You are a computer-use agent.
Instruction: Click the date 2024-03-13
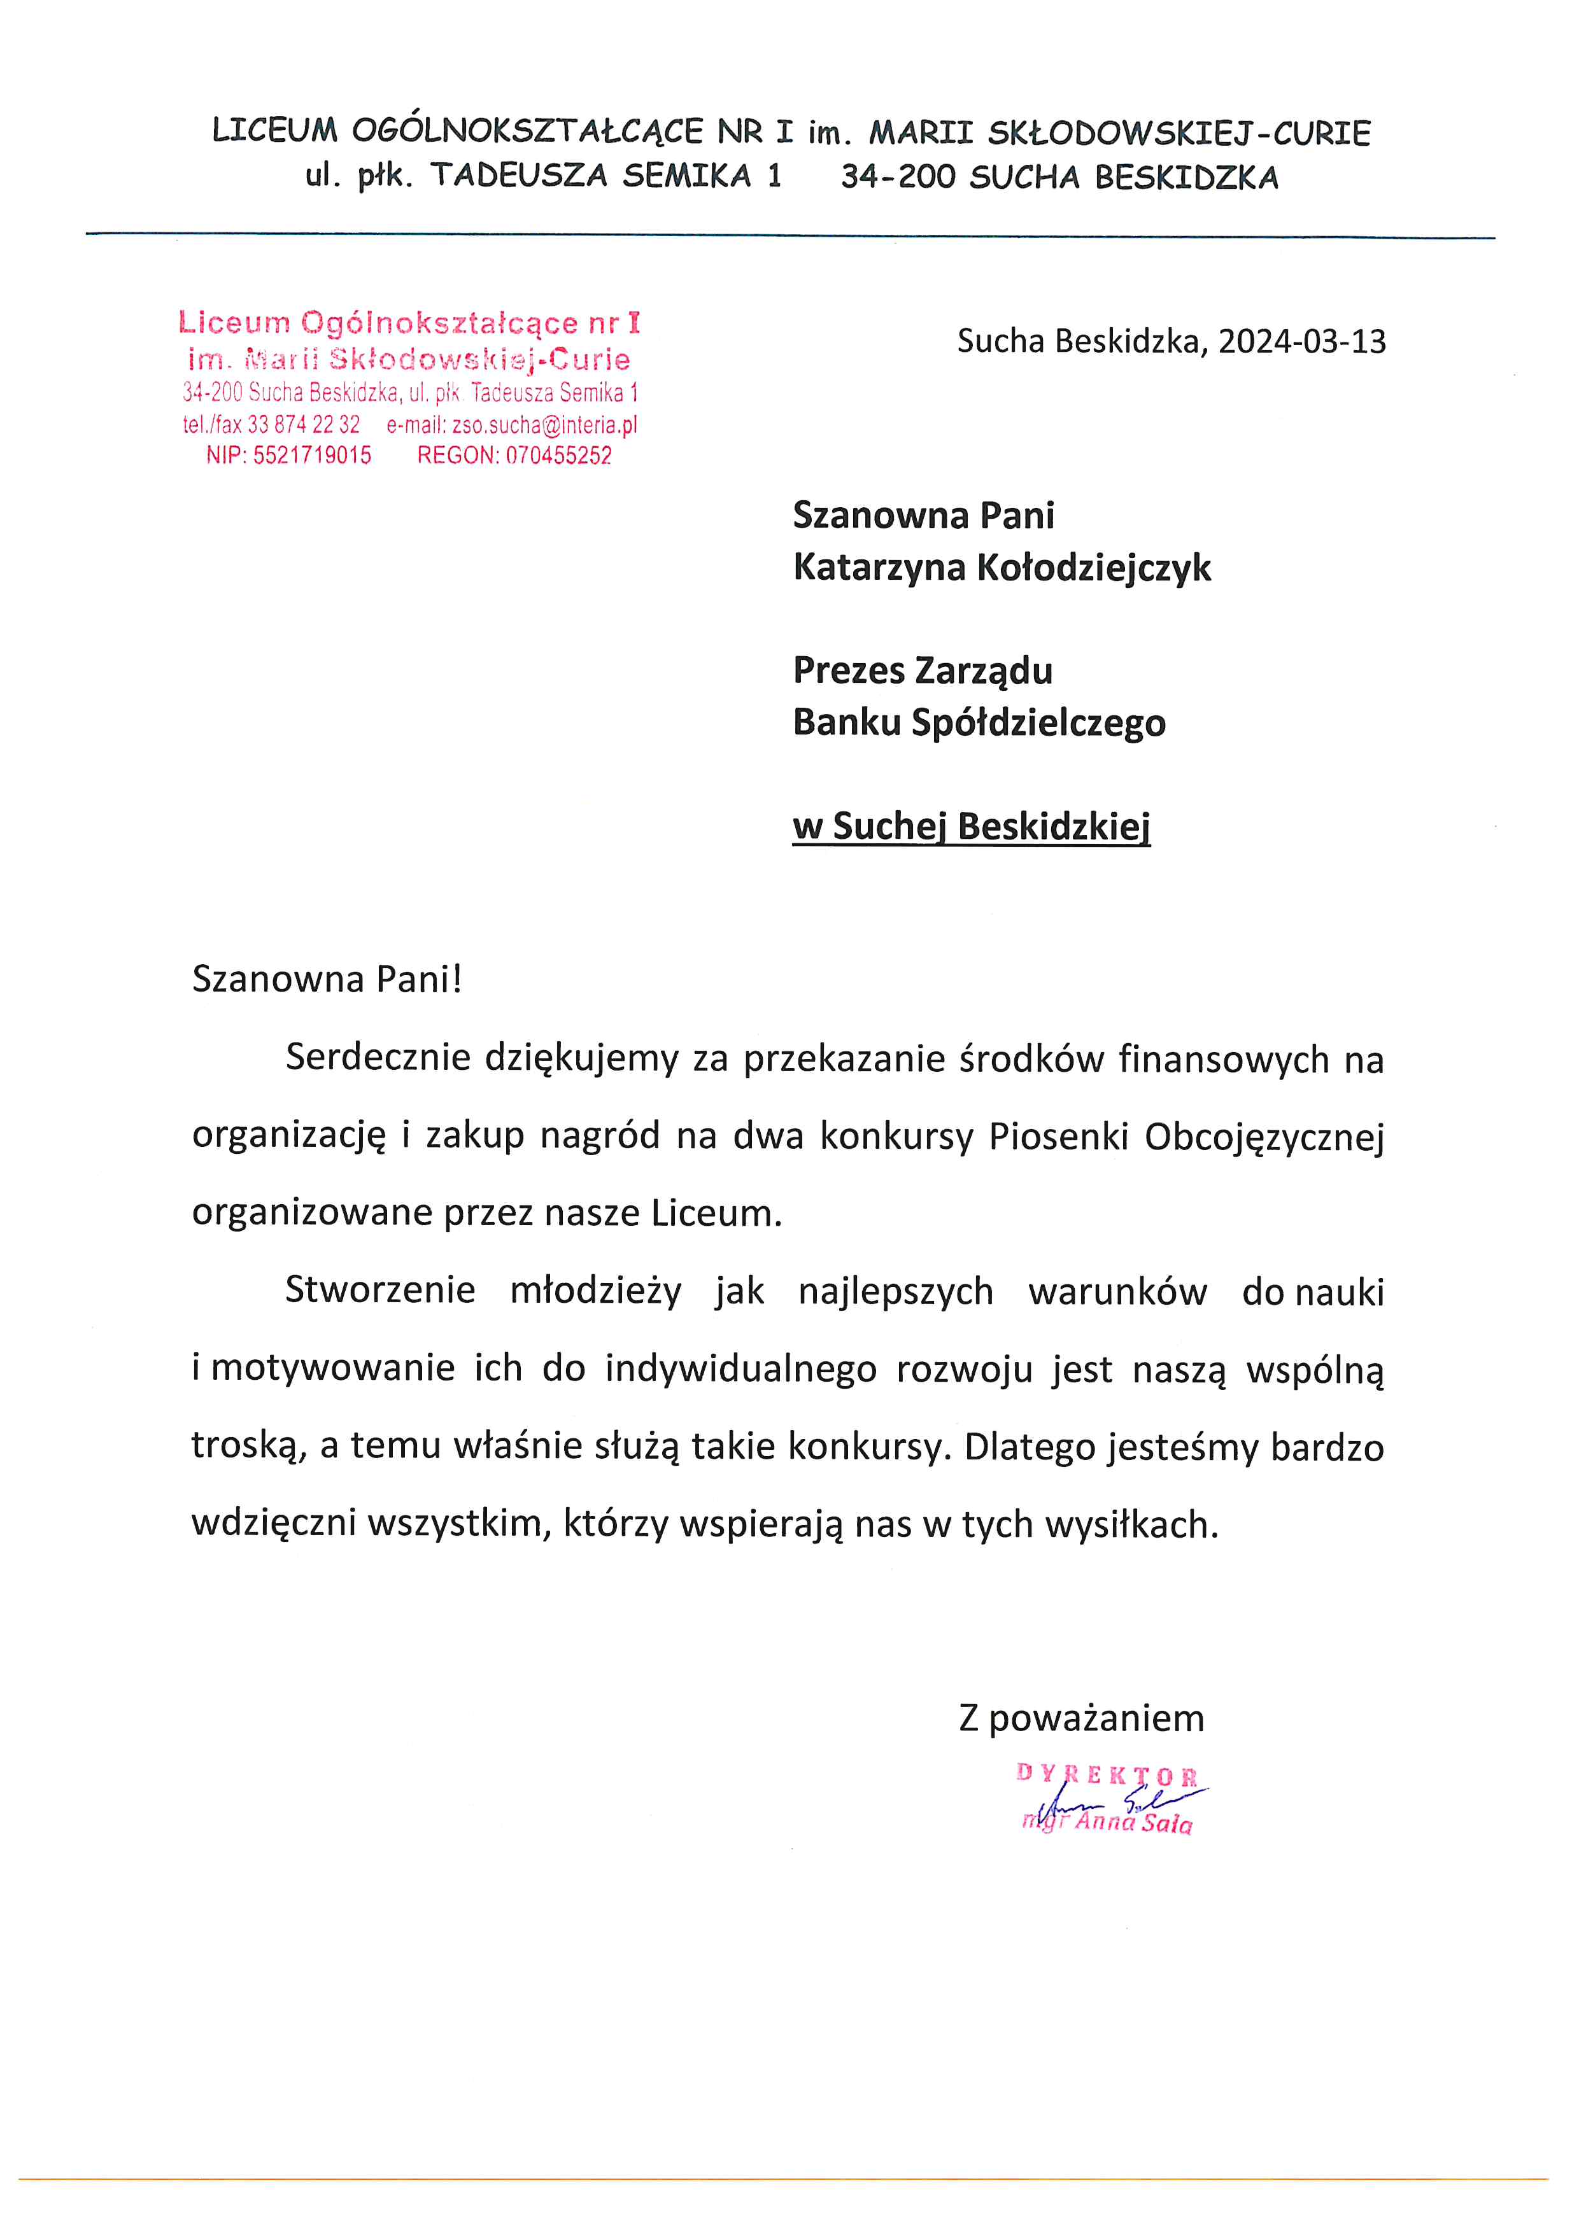point(1302,341)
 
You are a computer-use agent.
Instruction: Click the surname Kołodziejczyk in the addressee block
point(1094,568)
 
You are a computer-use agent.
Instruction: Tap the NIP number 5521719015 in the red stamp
point(312,455)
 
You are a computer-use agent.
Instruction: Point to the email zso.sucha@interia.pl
point(544,425)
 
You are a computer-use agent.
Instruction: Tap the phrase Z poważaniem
point(1081,1718)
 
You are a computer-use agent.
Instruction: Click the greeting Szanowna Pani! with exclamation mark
point(327,979)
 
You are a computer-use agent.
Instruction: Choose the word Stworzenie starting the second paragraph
point(380,1291)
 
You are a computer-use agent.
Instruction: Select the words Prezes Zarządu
point(923,671)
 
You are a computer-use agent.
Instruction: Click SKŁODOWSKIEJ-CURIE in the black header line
point(1179,132)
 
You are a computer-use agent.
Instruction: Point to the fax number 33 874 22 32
point(303,425)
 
